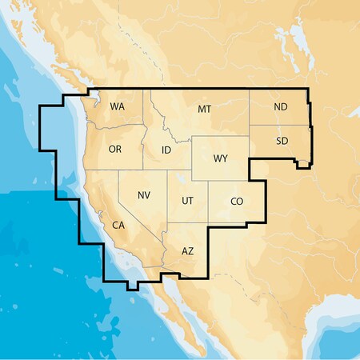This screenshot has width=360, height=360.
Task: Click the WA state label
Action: tap(118, 106)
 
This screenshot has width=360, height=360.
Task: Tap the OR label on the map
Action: tap(115, 150)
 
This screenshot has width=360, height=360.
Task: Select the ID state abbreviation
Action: tap(166, 150)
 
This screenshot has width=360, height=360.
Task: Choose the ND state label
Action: tap(281, 106)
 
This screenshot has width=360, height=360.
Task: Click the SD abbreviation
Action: tap(282, 141)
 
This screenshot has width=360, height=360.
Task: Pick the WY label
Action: tap(221, 158)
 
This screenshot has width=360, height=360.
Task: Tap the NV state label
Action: tap(144, 195)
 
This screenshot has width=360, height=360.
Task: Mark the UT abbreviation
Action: tap(187, 200)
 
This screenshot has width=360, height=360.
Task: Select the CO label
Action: tap(237, 202)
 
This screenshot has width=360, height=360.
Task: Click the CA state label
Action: tap(118, 225)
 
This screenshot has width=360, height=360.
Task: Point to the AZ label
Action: tap(188, 251)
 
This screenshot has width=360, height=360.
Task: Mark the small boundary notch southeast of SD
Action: tap(305, 165)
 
